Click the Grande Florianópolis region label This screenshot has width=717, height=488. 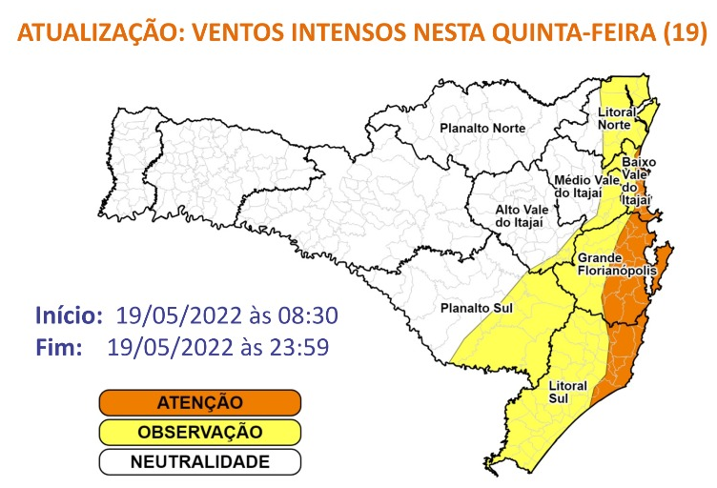click(616, 264)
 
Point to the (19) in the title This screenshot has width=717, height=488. click(683, 35)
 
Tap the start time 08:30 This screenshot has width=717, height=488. click(308, 315)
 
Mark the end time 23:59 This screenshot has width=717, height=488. click(298, 346)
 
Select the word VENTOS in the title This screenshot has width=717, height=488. click(236, 35)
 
